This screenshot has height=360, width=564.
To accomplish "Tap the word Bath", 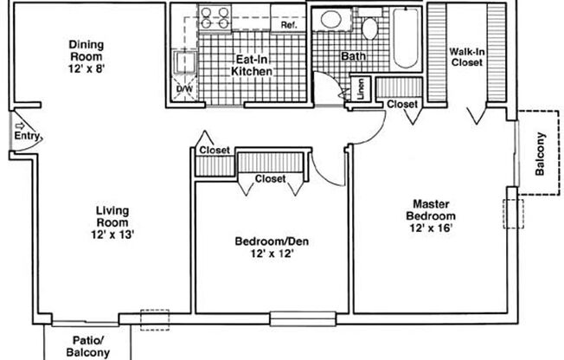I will click(352, 56).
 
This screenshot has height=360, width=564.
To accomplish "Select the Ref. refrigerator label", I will click(289, 26).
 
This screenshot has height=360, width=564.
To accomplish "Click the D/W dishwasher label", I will click(183, 89).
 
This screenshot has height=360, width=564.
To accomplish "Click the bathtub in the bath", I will click(405, 38).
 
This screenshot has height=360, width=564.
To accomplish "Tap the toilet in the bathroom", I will click(369, 28).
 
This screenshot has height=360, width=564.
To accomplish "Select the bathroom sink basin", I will click(330, 21).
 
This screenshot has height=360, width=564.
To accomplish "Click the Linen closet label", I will click(360, 90).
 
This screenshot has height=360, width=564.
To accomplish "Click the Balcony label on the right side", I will click(541, 154).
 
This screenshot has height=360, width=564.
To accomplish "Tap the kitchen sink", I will click(183, 61).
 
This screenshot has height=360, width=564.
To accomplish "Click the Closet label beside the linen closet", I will click(402, 104).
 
